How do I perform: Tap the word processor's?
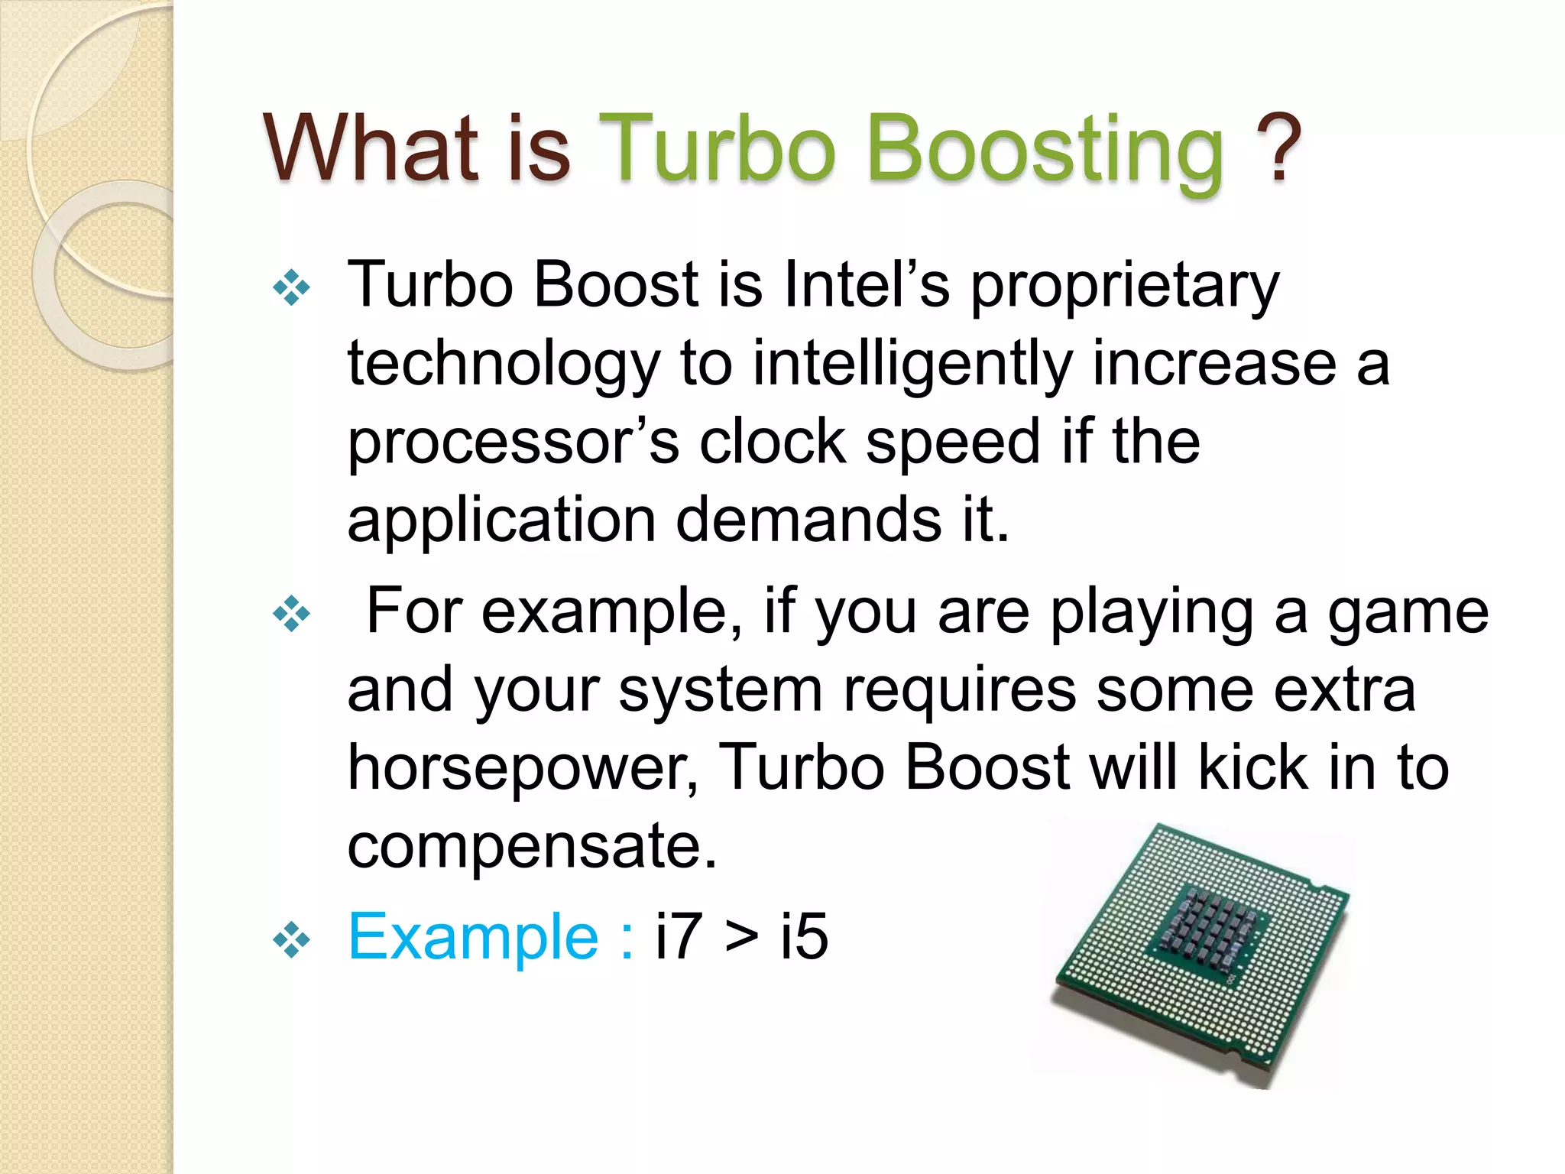pos(514,443)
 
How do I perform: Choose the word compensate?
pos(532,847)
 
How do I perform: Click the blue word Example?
pos(473,937)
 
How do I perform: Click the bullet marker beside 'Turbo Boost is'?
pos(291,288)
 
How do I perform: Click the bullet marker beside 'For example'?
pos(291,614)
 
